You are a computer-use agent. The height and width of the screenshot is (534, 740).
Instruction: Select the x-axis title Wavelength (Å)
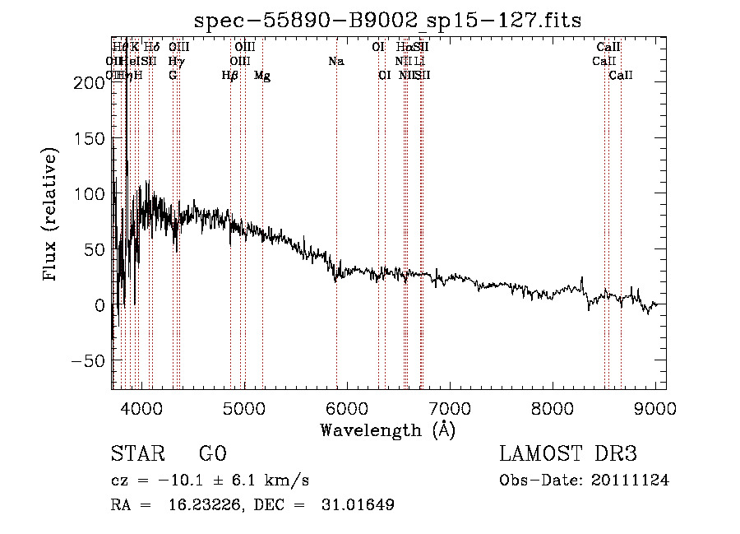click(387, 430)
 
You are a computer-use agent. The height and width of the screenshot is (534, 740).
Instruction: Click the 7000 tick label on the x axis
click(450, 406)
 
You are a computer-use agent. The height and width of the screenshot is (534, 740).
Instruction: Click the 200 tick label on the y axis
click(86, 82)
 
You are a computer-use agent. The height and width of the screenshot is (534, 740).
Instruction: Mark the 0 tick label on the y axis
click(99, 305)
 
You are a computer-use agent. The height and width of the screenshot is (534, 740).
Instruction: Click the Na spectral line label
click(335, 61)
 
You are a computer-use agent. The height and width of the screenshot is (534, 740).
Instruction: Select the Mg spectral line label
click(262, 76)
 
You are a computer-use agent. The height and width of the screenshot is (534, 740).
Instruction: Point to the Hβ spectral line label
click(230, 76)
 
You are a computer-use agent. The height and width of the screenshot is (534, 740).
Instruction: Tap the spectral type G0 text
click(212, 454)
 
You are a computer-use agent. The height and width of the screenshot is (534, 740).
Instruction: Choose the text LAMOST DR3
click(568, 454)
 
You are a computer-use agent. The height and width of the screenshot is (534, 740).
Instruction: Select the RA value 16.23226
click(216, 505)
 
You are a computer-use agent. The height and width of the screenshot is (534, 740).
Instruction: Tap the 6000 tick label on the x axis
click(347, 406)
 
